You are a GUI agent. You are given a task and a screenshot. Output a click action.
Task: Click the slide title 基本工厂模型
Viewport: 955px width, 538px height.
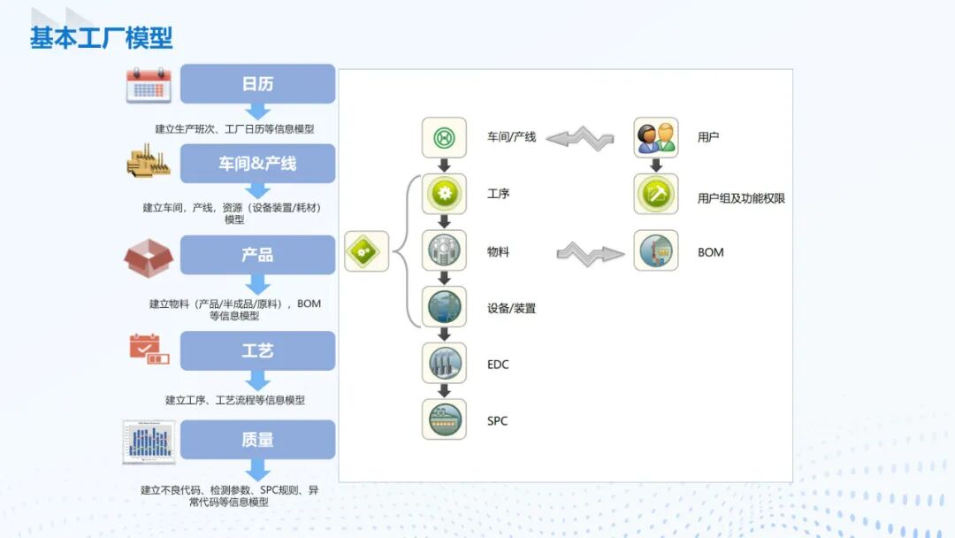[101, 38]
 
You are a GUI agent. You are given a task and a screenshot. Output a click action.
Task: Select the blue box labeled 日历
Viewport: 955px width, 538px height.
[257, 84]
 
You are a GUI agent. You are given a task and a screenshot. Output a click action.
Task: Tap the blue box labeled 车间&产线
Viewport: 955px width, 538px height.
[257, 164]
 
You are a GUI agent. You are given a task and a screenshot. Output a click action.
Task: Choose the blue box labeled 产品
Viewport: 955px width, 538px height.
[257, 255]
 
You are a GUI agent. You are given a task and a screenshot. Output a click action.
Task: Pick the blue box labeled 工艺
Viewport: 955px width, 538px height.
[257, 351]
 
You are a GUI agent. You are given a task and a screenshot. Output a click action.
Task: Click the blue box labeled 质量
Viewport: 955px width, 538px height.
[257, 440]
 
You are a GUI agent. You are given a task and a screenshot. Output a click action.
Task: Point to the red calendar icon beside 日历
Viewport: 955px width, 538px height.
[149, 85]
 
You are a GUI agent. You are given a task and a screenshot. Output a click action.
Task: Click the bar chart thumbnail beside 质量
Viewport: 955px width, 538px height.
[149, 442]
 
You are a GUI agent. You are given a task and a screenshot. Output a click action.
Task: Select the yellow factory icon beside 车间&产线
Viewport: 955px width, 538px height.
[149, 164]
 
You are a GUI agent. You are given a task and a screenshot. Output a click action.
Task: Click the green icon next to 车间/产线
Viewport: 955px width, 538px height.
[444, 138]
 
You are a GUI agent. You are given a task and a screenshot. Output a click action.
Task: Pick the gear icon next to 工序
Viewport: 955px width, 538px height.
[444, 194]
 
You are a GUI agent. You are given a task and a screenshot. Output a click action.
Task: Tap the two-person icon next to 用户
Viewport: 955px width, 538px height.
[656, 138]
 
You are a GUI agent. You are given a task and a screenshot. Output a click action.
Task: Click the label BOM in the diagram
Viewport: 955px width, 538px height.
[710, 252]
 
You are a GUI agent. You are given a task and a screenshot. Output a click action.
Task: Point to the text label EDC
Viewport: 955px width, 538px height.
[498, 365]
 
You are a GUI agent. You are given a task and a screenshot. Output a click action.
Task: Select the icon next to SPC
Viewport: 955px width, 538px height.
[444, 419]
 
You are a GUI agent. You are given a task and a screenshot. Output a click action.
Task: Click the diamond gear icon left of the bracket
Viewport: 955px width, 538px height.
[366, 252]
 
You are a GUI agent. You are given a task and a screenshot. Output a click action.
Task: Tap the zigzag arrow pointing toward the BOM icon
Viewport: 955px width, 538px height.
[590, 253]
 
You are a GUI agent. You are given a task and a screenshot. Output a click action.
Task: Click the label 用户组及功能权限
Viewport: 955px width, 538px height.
[741, 198]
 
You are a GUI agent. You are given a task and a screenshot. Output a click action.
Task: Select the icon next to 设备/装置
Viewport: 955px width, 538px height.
[444, 307]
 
